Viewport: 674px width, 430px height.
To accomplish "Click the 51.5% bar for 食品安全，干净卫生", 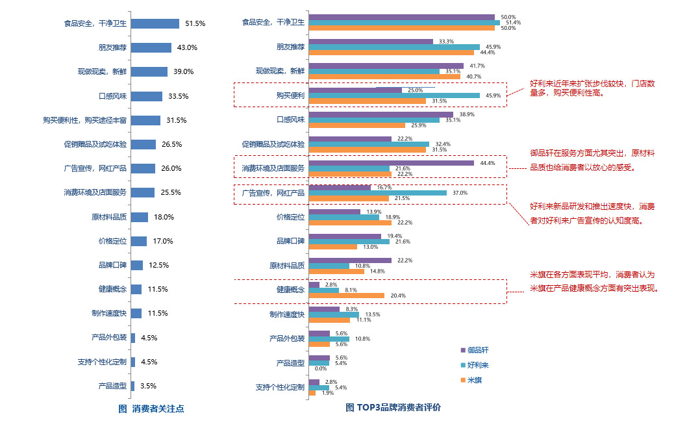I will tap(155, 23).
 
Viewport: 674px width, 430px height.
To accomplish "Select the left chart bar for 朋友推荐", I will tap(151, 47).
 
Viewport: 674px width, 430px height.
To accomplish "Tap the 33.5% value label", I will tap(178, 96).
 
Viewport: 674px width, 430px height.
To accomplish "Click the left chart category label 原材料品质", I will tap(109, 217).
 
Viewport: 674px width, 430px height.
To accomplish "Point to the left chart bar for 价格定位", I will tap(138, 241).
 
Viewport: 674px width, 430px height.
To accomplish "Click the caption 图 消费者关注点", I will tap(151, 409).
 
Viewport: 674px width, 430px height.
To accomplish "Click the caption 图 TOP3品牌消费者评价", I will tap(393, 407).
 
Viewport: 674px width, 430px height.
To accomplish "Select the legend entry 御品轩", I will tap(478, 349).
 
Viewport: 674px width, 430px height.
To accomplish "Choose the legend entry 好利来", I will tap(478, 365).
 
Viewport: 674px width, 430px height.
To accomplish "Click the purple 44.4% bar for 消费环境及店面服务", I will tap(392, 163).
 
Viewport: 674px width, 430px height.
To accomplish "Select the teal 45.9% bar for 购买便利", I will tap(394, 95).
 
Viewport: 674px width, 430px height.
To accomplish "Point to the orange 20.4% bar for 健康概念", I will tap(347, 296).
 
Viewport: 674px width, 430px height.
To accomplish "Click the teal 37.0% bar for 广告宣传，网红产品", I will tap(378, 193).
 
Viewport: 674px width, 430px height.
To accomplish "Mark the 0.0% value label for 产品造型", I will tap(320, 368).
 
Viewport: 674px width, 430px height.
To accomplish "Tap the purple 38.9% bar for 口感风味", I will tap(381, 114).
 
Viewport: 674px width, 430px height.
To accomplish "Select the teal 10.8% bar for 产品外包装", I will tap(329, 338).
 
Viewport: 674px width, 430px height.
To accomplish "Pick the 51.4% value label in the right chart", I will tap(514, 23).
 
